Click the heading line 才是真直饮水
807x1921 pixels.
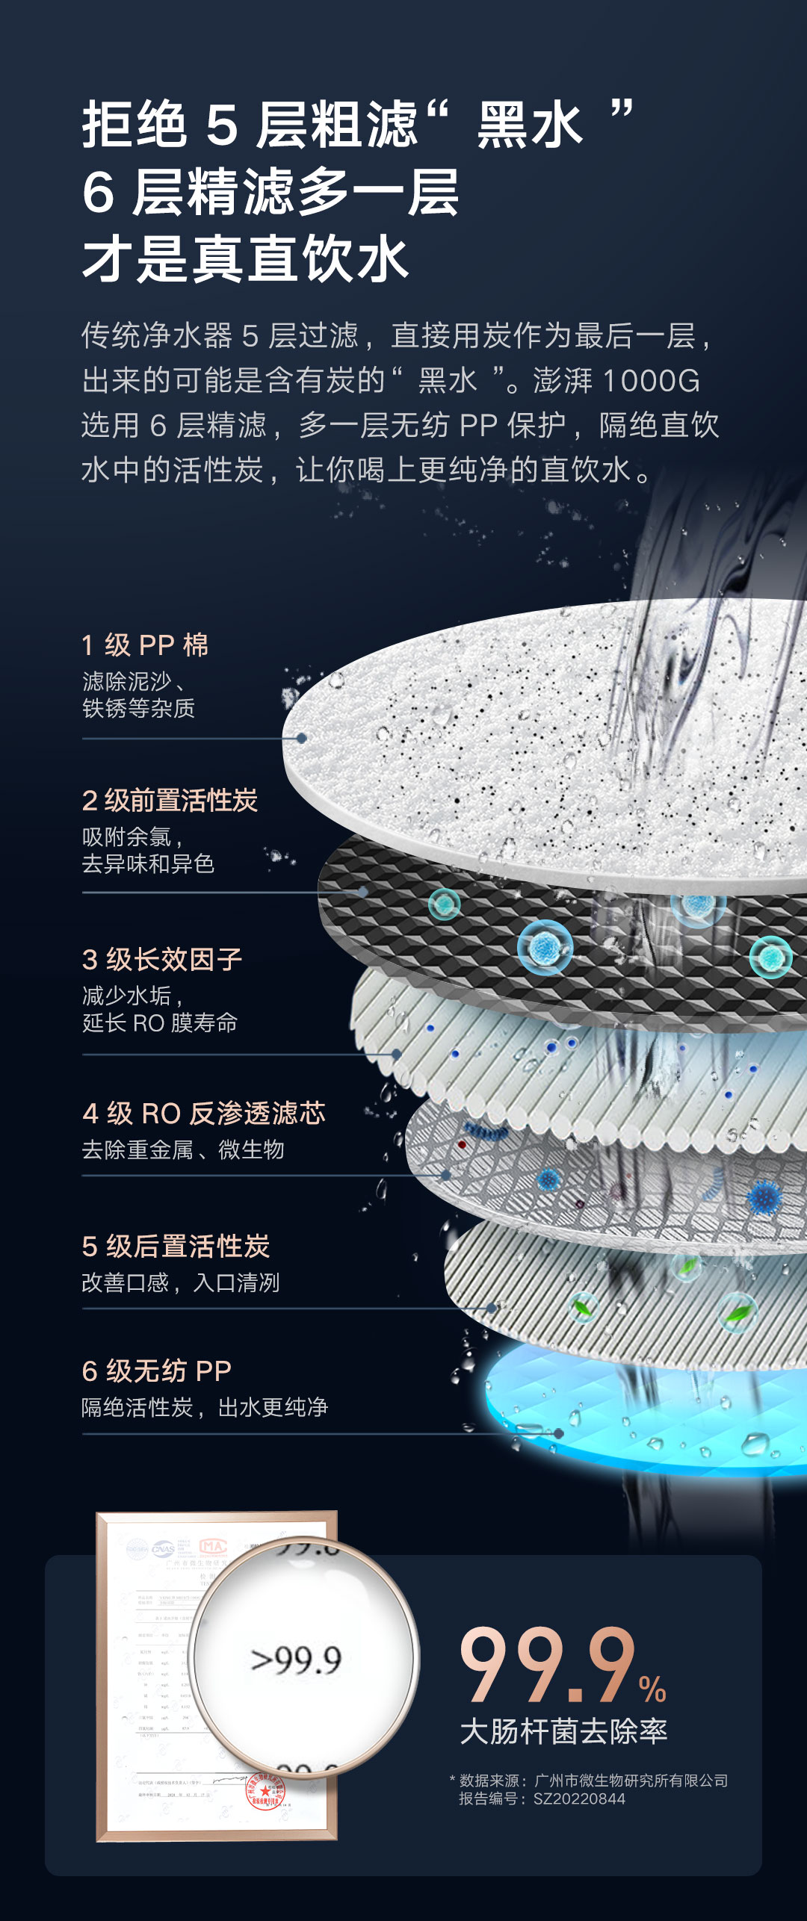point(245,259)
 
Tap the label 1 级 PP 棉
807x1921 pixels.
point(145,645)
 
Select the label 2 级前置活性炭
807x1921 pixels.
point(170,801)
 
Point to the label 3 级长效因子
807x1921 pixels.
point(162,960)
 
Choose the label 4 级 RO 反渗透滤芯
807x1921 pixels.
point(204,1114)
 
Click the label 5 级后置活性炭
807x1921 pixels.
point(176,1247)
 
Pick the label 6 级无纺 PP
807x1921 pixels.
point(157,1371)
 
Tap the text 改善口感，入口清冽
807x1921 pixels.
point(180,1283)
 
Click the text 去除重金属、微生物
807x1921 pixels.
point(183,1149)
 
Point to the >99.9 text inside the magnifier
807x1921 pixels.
point(297,1660)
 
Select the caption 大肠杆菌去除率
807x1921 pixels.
point(563,1731)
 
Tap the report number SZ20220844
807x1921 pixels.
point(579,1799)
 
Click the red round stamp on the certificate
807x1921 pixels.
point(266,1791)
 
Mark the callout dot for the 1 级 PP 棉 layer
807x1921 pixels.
point(302,738)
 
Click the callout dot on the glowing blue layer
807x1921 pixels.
point(558,1433)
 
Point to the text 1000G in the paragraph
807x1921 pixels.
point(651,381)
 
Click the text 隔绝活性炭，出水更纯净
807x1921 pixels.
point(205,1408)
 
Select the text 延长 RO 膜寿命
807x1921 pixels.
point(160,1023)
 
